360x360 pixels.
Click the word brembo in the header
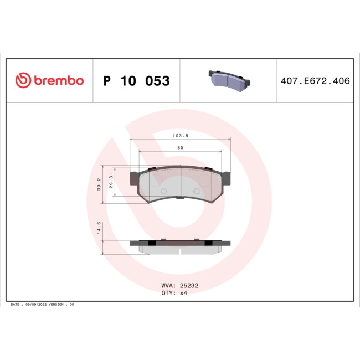(x=59, y=81)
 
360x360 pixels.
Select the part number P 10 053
(x=136, y=81)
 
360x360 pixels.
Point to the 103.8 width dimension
(x=180, y=135)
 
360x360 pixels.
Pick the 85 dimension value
(x=181, y=148)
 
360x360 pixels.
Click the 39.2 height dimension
(x=99, y=185)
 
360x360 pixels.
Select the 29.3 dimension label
(x=111, y=181)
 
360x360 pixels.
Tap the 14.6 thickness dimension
(x=99, y=228)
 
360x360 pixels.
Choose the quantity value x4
(x=183, y=294)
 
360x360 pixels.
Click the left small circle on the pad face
(x=163, y=192)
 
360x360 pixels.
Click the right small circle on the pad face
(x=197, y=192)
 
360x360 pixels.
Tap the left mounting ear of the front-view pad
(x=134, y=178)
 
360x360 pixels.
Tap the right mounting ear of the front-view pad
(x=226, y=178)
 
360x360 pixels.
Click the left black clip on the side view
(x=151, y=243)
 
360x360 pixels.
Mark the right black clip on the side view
(x=208, y=243)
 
